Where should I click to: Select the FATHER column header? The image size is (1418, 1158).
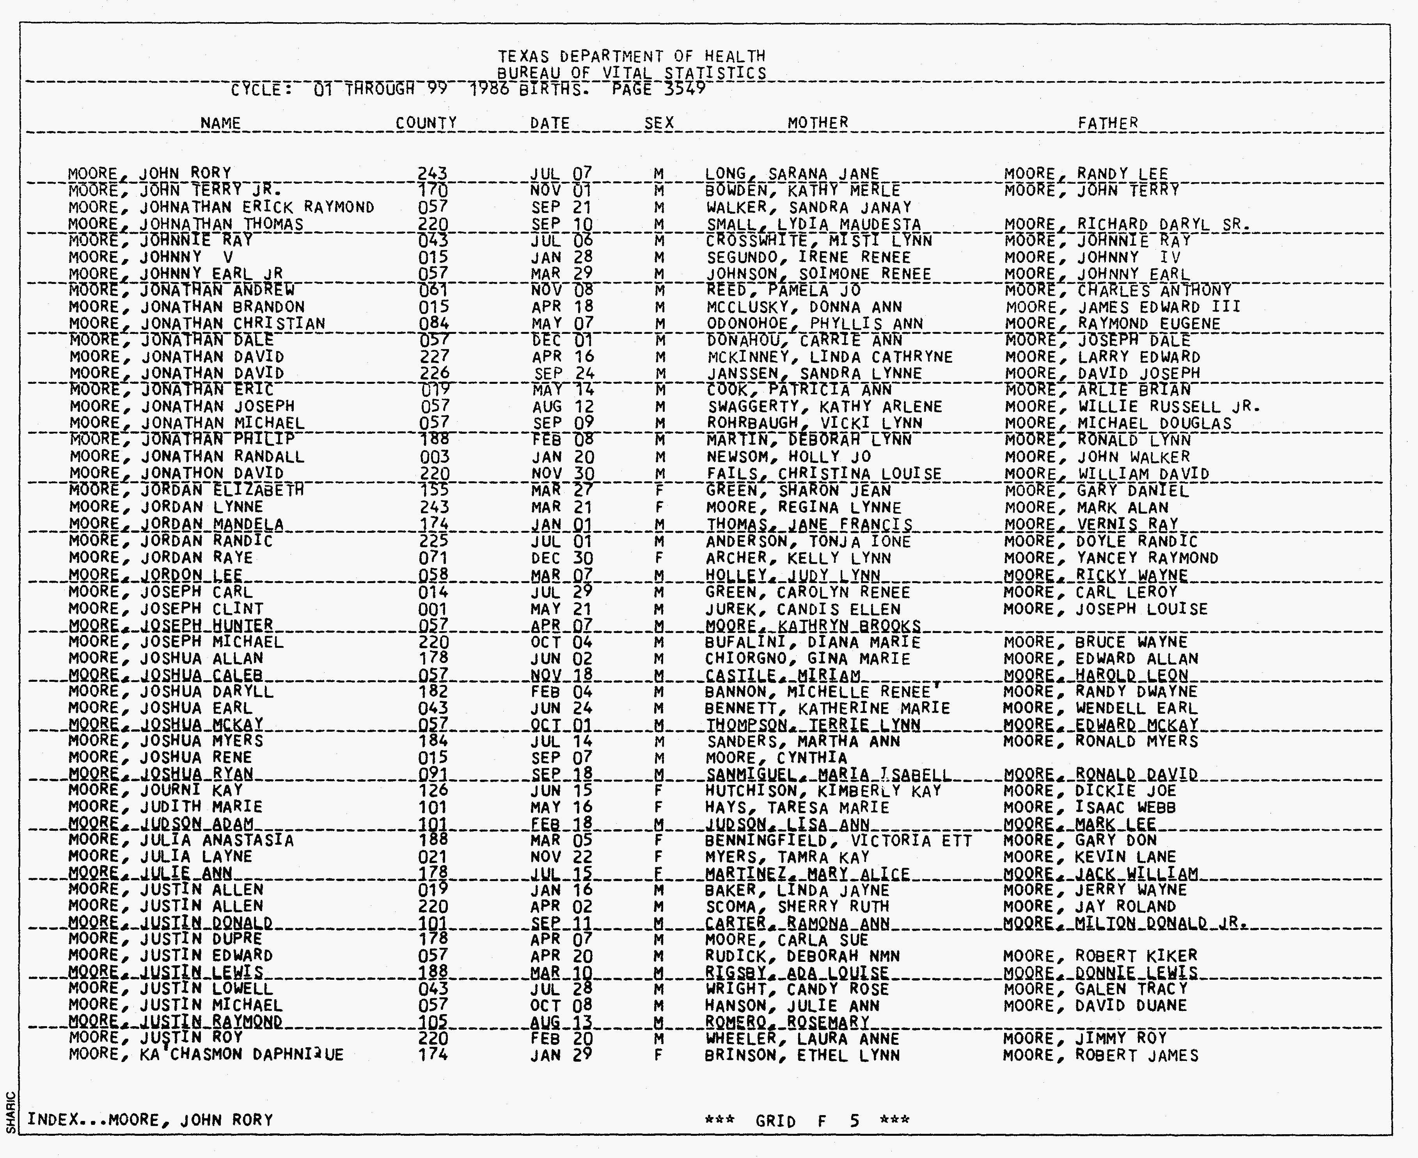tap(1108, 123)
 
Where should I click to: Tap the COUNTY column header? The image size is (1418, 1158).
tap(426, 123)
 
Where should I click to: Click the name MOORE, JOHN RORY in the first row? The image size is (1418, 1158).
tap(150, 174)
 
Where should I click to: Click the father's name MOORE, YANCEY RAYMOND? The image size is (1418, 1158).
tap(1111, 558)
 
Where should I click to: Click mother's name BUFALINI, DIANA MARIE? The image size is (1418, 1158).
tap(813, 642)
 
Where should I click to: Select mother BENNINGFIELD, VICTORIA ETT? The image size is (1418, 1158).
tap(838, 841)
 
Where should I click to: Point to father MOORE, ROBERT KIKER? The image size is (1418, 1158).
tap(1100, 956)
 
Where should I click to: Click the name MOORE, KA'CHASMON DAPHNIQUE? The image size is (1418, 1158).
tap(206, 1055)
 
